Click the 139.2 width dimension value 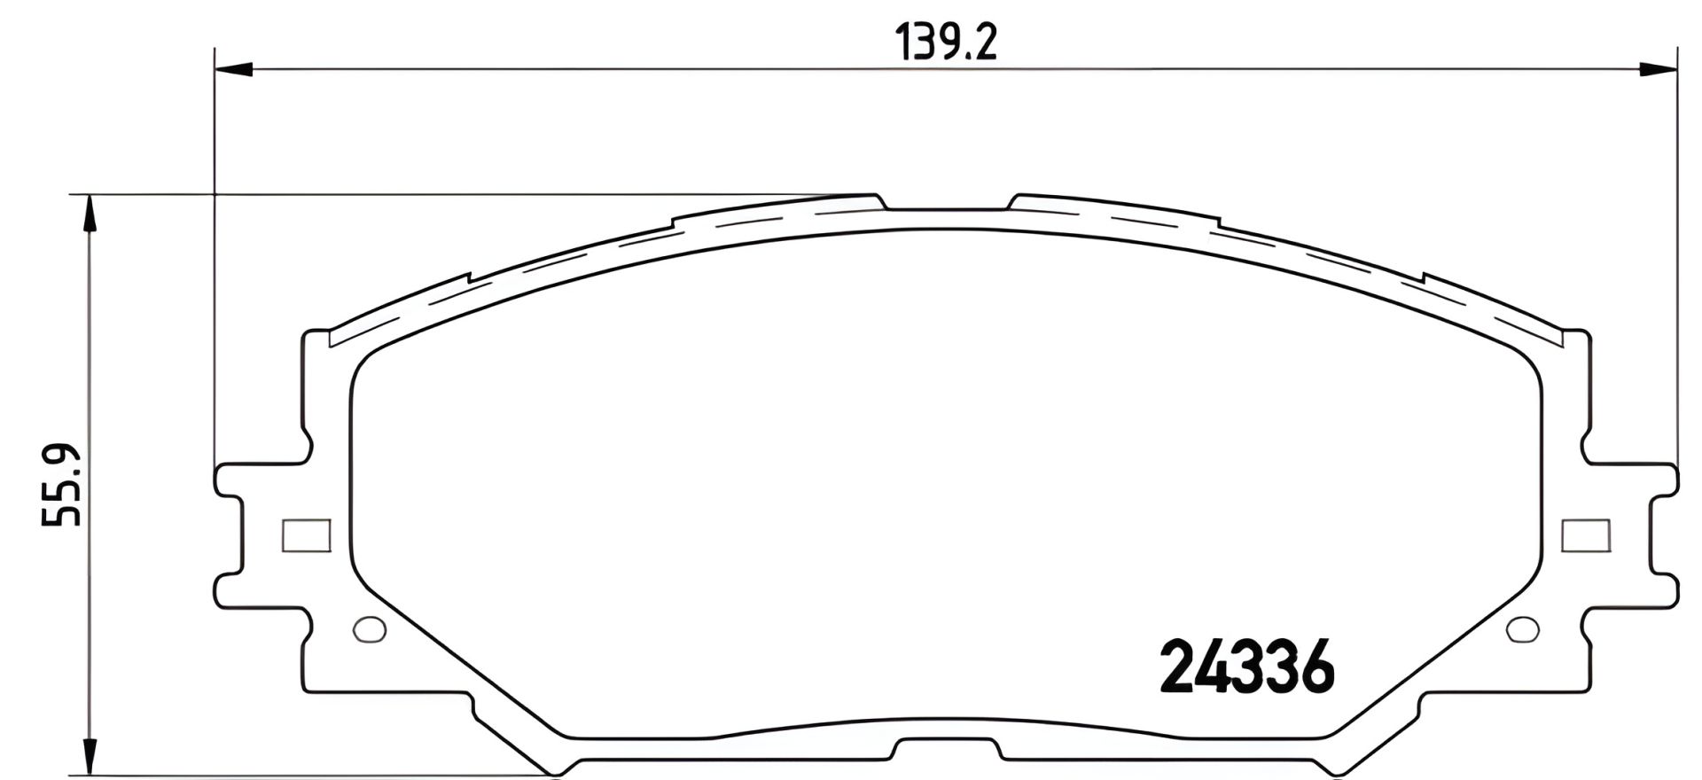(x=946, y=42)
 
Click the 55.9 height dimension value (x=62, y=485)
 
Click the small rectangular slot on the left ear (x=306, y=535)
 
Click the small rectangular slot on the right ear (x=1585, y=535)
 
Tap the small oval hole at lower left (x=370, y=628)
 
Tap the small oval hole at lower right (x=1523, y=628)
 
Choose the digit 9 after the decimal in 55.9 (x=62, y=458)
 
